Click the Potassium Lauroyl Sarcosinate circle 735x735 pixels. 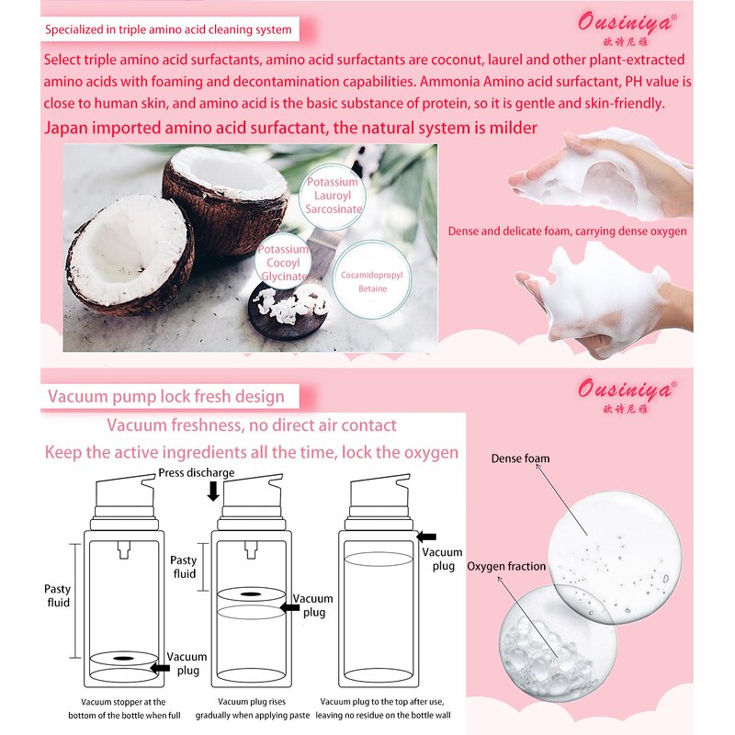click(335, 195)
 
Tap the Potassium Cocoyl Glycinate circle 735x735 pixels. click(283, 262)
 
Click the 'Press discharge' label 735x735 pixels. click(196, 472)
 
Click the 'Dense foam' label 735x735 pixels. click(520, 458)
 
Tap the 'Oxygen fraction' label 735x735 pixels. click(506, 566)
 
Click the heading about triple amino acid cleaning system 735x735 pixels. click(168, 29)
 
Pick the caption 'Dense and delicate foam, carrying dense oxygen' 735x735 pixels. click(567, 231)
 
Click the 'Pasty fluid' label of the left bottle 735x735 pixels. click(58, 595)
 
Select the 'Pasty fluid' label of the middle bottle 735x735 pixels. click(184, 567)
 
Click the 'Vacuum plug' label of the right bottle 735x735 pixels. click(443, 559)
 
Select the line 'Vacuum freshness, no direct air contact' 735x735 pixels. click(252, 425)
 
